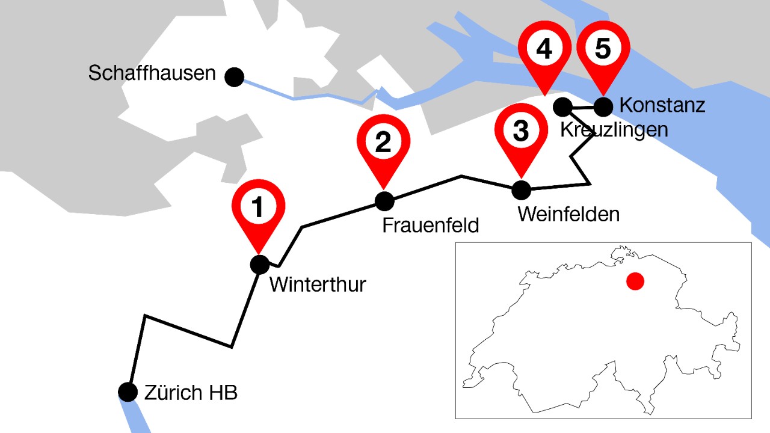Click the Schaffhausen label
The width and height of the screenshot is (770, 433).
pos(152,74)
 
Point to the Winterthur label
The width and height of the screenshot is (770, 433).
pos(318,284)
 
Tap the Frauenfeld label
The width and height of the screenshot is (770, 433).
pos(431,226)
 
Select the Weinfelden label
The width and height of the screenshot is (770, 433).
pos(568,214)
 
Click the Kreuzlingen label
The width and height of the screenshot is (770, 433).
pos(614,129)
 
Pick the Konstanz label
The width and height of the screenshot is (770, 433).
pos(662,105)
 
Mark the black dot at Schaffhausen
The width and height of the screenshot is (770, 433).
pos(234,77)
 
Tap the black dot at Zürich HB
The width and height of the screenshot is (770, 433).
pos(128,392)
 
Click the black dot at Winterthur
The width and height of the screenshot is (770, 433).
pos(260,265)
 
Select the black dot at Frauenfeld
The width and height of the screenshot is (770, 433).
pos(384,201)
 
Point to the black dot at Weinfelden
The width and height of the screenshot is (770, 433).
pos(521,190)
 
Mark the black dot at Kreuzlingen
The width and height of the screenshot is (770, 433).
pos(562,107)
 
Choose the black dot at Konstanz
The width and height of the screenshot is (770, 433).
pos(603,106)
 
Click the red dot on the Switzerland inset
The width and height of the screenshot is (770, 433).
pos(635,281)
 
